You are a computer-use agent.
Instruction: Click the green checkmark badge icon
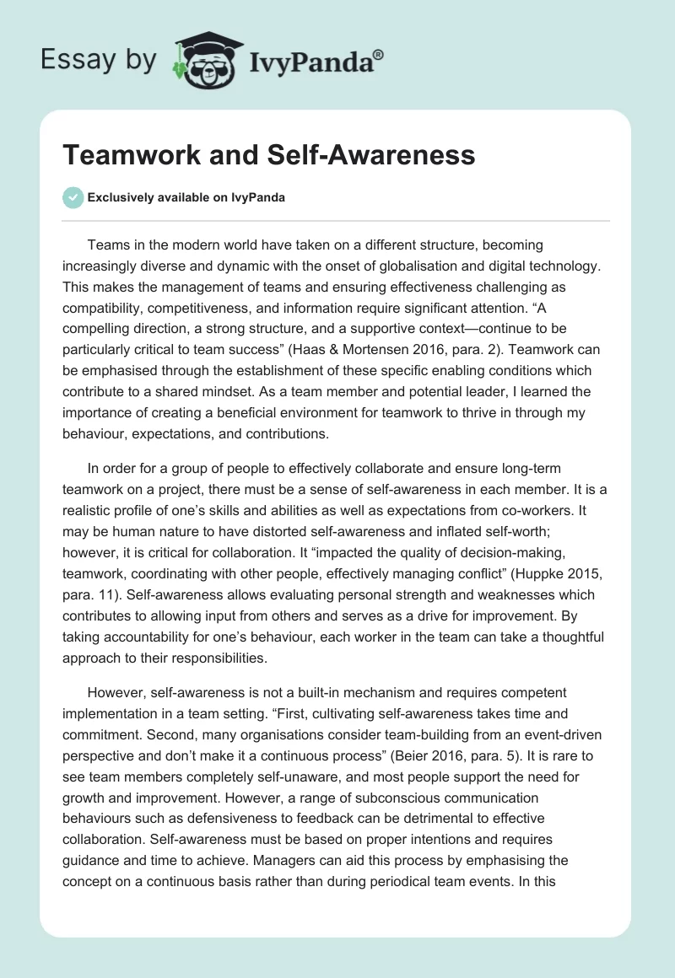click(73, 197)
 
